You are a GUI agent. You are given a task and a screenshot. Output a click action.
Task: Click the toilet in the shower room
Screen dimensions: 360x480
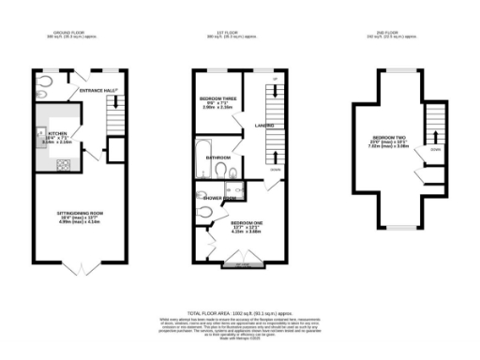pos(204,212)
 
